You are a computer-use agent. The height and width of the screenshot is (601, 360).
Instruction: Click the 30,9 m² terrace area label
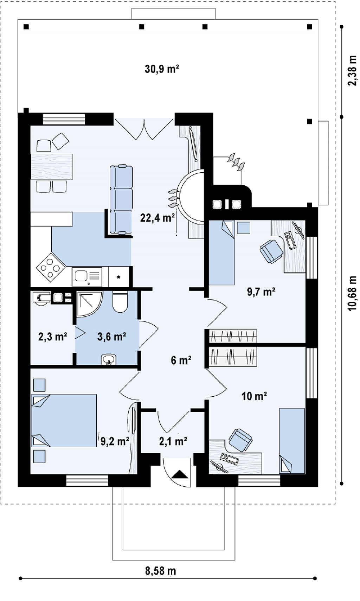point(162,69)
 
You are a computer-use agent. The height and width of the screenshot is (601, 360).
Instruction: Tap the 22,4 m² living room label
point(158,218)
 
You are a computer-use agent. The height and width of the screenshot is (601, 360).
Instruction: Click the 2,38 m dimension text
point(352,71)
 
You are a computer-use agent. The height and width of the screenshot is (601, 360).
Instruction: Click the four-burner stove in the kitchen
point(51,267)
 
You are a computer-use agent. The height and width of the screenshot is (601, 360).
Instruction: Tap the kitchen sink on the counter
point(87,276)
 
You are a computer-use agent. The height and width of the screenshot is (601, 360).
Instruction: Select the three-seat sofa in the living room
point(121,199)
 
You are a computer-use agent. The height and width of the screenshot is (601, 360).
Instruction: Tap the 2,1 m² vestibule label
point(173,441)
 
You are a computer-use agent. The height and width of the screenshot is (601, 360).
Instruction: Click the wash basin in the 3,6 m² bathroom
point(109,359)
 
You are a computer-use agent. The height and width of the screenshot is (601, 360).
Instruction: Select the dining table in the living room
point(52,166)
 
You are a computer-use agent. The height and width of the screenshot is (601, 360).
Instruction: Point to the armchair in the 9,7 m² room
point(271,251)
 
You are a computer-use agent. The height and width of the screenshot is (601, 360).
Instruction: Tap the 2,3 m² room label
point(53,337)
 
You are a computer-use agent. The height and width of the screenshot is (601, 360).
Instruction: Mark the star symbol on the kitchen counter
point(118,277)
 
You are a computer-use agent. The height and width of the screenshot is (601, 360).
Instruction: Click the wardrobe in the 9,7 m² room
point(233,336)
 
